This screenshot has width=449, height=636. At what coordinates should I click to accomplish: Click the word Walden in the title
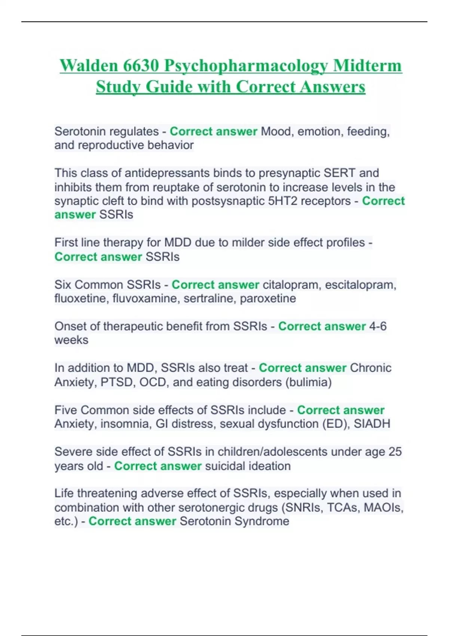(89, 66)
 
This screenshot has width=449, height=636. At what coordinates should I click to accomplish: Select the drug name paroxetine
(268, 299)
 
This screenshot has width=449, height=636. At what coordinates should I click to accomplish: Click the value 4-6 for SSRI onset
(378, 326)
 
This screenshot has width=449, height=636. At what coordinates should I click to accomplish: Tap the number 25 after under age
(395, 452)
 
